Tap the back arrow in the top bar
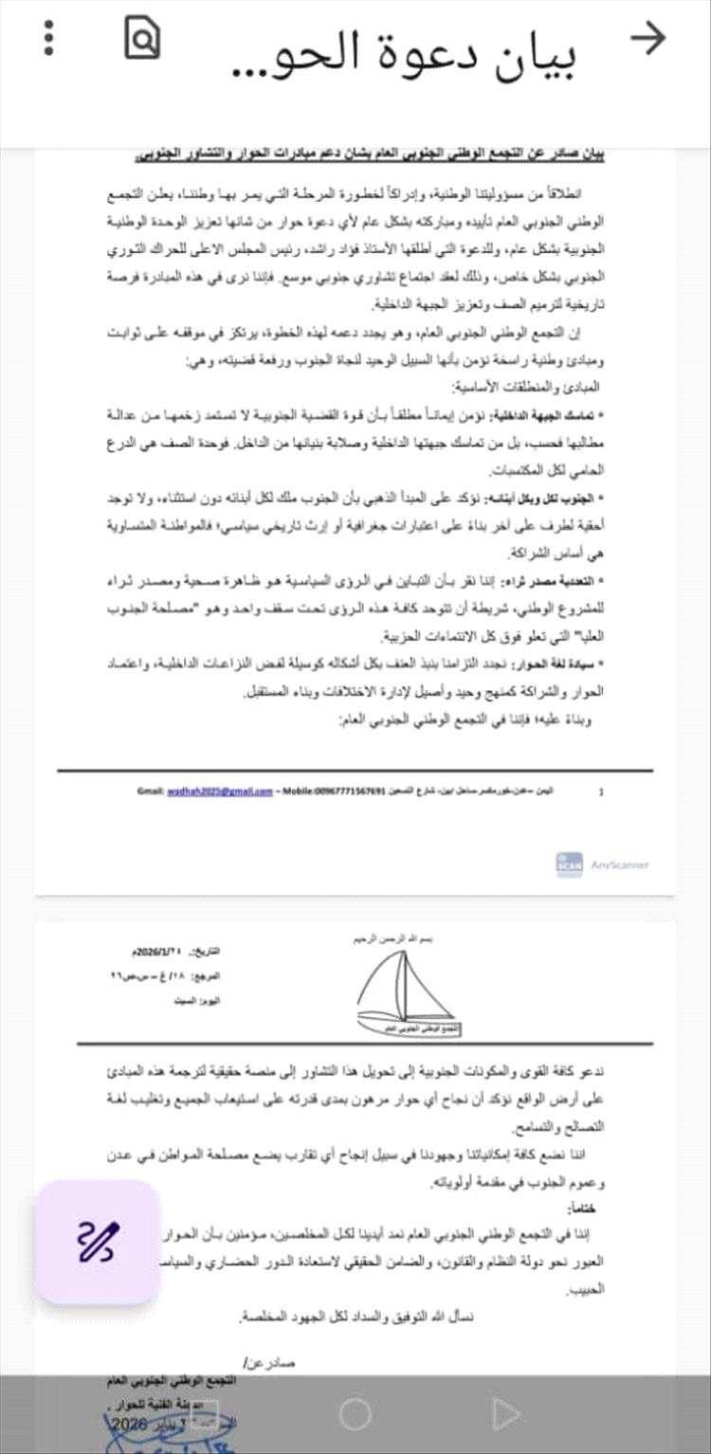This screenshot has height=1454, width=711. [x=648, y=38]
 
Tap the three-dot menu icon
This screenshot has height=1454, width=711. [x=49, y=38]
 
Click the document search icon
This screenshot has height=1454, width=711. [x=142, y=38]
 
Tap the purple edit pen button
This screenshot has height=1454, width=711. [x=98, y=1242]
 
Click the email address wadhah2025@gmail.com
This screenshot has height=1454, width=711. [x=219, y=790]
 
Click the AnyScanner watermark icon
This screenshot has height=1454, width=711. [x=569, y=864]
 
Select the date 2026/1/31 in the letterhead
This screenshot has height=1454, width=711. [x=161, y=952]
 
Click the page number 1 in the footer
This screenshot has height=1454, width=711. [x=601, y=791]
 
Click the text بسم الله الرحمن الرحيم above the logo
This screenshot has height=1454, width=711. [x=405, y=937]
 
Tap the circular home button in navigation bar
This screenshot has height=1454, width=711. [x=355, y=1415]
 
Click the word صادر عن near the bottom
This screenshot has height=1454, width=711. [x=270, y=1362]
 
